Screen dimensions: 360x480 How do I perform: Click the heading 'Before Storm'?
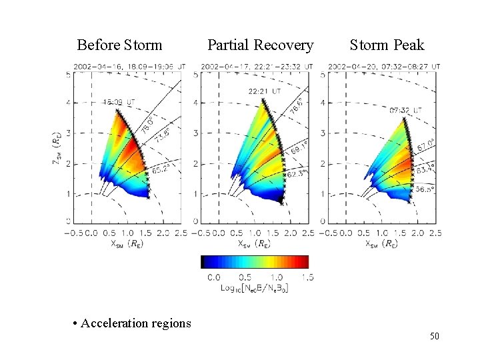(x=119, y=45)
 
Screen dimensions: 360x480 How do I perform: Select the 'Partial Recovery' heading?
(x=260, y=45)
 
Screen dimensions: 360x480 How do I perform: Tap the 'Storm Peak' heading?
(x=387, y=45)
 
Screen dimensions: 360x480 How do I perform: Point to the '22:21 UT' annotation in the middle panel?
(x=264, y=91)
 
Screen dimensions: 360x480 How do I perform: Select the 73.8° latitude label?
(x=162, y=141)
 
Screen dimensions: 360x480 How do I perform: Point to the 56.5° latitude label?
(x=423, y=188)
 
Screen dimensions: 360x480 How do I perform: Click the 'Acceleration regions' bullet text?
(x=131, y=323)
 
